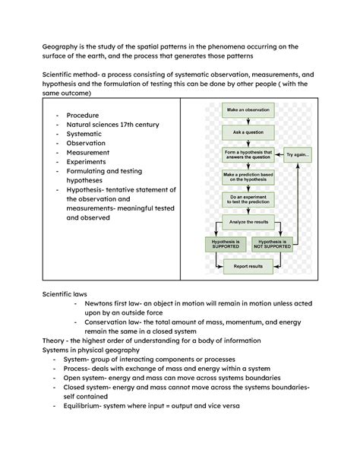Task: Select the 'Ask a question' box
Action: pyautogui.click(x=248, y=132)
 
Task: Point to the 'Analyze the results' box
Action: pyautogui.click(x=248, y=222)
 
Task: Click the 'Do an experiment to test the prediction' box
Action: pyautogui.click(x=248, y=200)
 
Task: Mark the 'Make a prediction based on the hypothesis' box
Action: pyautogui.click(x=248, y=177)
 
